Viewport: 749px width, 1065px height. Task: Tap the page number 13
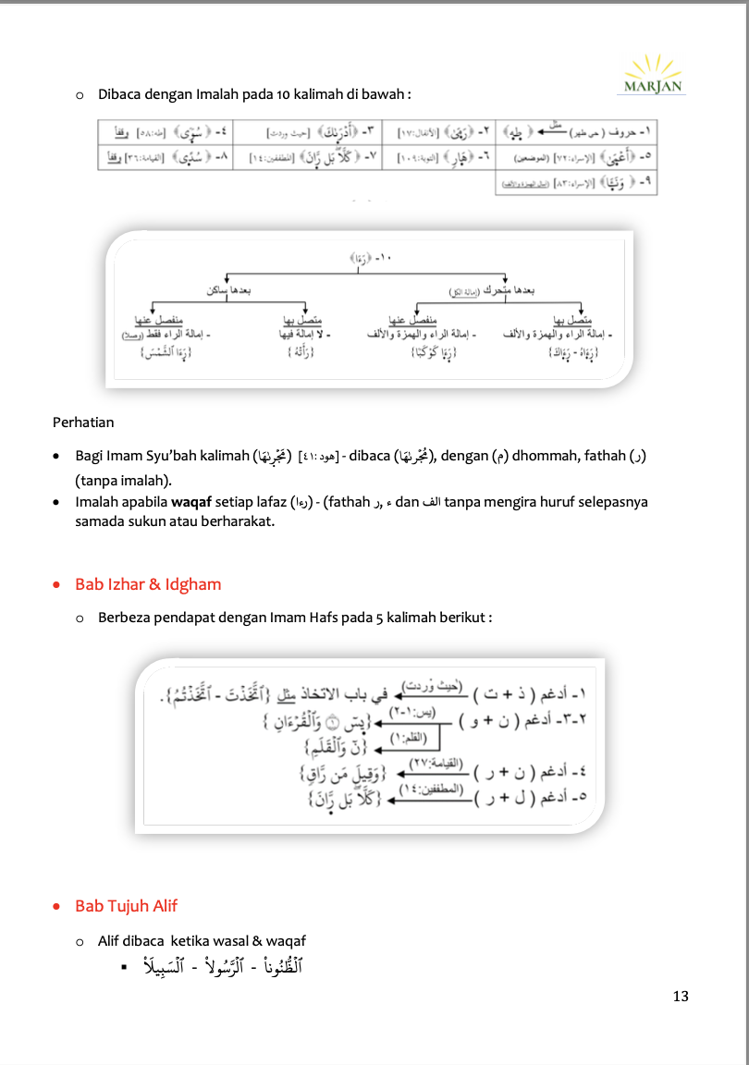click(x=681, y=996)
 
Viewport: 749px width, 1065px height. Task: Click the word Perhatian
click(x=83, y=422)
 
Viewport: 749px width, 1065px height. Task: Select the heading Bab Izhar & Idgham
click(x=148, y=584)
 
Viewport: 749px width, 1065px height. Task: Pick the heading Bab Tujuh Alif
click(x=126, y=906)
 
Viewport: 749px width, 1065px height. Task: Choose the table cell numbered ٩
click(x=575, y=184)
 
